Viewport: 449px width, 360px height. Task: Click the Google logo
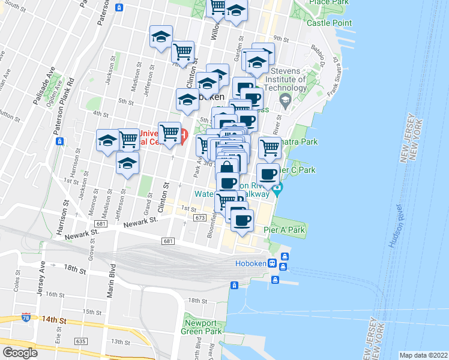coord(20,353)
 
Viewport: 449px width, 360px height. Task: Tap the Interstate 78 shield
coord(26,316)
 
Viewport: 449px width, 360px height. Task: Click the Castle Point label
coord(329,23)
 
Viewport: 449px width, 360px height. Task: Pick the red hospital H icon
coord(184,134)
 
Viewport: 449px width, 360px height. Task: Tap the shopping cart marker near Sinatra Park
coord(270,147)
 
